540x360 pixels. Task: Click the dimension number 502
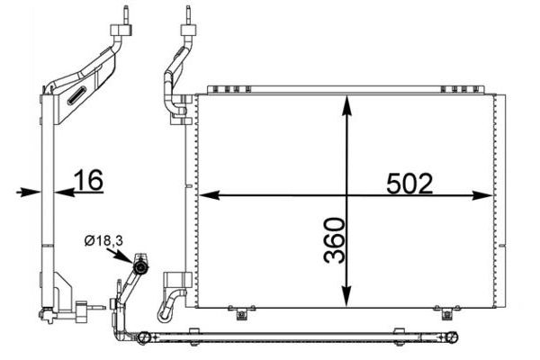409,184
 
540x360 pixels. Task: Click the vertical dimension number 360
335,240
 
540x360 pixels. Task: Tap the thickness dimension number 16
89,179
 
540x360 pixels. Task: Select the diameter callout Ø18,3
103,240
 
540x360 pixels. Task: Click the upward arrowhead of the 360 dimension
347,104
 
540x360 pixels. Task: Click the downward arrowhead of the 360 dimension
347,296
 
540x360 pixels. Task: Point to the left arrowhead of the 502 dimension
210,195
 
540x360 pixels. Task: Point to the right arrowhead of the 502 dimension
483,195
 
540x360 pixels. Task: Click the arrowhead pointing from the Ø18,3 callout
127,257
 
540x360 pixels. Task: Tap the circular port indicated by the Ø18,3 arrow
140,267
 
